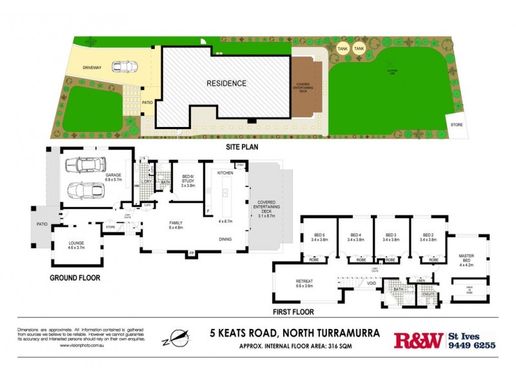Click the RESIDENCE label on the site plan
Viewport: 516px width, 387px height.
pyautogui.click(x=226, y=83)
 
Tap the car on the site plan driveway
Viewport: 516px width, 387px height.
pyautogui.click(x=124, y=66)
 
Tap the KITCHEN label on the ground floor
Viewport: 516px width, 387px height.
pyautogui.click(x=224, y=174)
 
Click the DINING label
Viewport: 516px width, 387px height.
pyautogui.click(x=225, y=239)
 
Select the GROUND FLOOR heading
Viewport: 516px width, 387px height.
pyautogui.click(x=76, y=278)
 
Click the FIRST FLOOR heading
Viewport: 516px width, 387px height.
pyautogui.click(x=293, y=312)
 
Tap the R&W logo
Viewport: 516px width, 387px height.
pyautogui.click(x=418, y=340)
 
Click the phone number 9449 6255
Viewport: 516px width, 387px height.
pyautogui.click(x=473, y=345)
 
